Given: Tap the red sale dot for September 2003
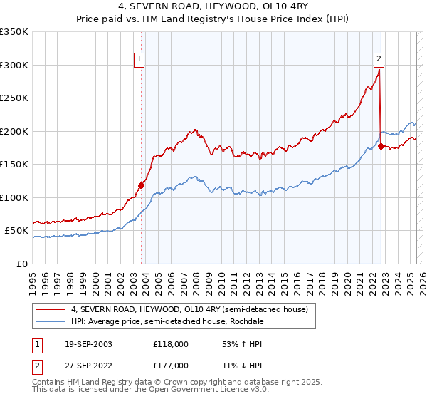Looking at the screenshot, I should click(141, 186).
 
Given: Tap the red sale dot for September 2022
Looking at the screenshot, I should click(381, 147).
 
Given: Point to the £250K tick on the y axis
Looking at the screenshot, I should click(14, 98).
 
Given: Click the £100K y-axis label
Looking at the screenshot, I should click(14, 197).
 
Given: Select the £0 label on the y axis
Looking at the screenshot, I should click(22, 264).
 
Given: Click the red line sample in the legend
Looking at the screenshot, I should click(51, 310).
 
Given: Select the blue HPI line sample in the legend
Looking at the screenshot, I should click(51, 321).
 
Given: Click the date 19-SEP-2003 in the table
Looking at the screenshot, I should click(88, 344).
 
